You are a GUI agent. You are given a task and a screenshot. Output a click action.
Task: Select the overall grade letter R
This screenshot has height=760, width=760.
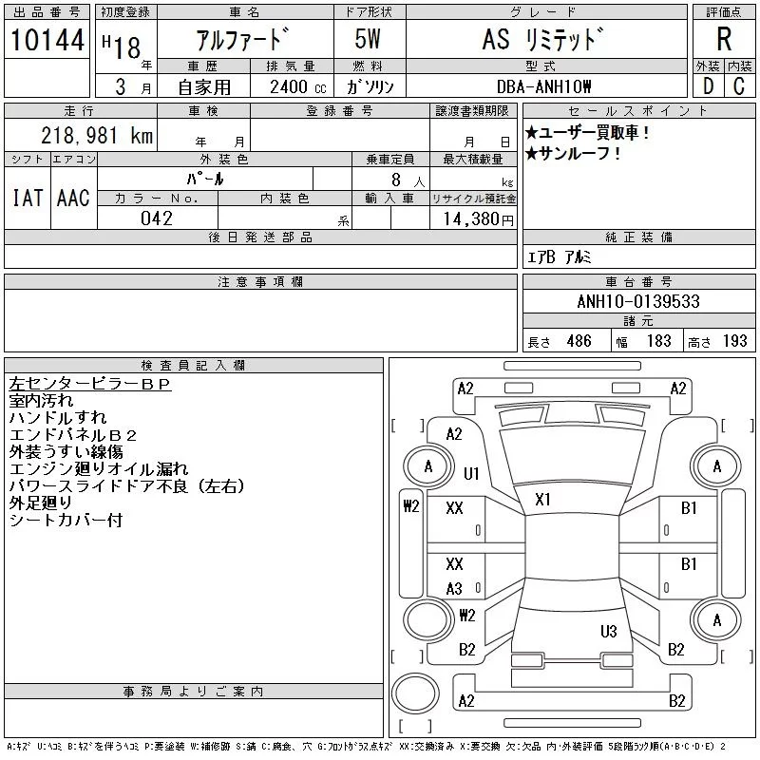[x=724, y=40]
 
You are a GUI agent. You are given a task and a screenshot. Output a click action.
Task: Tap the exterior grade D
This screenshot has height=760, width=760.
[x=708, y=85]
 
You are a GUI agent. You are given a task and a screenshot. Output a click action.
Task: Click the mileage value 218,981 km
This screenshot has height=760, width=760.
[x=96, y=135]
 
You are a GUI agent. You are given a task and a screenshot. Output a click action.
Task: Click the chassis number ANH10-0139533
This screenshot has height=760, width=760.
[x=638, y=302]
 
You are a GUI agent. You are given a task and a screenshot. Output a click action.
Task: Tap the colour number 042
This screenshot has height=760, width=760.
[x=157, y=218]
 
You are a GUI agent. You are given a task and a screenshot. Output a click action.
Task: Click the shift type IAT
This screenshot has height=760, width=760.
[x=27, y=198]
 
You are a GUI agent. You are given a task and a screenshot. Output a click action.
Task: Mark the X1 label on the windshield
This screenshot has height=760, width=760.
[x=544, y=500]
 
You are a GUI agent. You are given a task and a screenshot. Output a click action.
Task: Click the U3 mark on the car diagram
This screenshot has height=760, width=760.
[x=609, y=631]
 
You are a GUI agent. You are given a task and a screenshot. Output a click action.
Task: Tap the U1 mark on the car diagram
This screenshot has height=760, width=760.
[x=472, y=472]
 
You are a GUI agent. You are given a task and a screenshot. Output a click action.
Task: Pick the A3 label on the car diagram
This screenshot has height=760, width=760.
[x=454, y=589]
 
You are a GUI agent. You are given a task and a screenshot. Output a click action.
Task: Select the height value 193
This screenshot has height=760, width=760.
[x=734, y=341]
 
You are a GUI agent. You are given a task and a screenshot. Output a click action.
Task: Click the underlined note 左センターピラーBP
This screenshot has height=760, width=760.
[x=89, y=384]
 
